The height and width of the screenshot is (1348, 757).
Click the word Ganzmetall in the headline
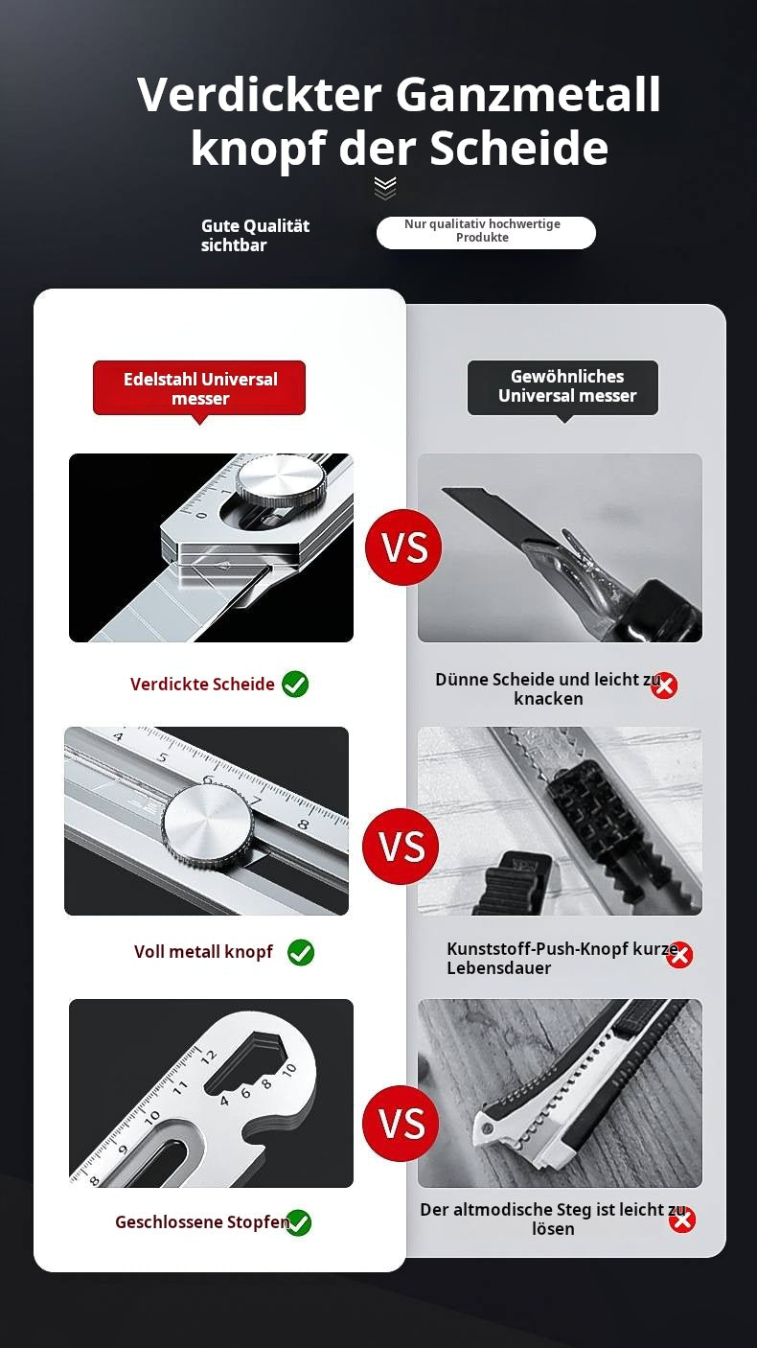pos(528,95)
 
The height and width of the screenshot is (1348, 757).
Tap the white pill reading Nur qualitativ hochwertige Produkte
pos(486,232)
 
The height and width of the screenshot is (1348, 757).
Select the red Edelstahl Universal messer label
pos(199,388)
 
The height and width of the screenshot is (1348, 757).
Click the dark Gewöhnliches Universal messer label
pos(562,387)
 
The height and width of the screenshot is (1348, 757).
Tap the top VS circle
pos(403,546)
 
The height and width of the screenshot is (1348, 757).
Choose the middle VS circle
pos(401,846)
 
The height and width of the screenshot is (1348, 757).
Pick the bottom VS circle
pos(401,1123)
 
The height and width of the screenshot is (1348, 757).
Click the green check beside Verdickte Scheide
pos(295,685)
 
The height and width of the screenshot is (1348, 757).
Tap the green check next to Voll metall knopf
pos(301,952)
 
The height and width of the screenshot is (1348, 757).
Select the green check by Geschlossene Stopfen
pos(298,1222)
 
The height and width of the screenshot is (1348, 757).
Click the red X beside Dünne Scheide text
pos(664,686)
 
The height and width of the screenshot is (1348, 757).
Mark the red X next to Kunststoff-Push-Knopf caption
pos(679,954)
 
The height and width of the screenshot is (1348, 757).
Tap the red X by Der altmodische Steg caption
pos(682,1220)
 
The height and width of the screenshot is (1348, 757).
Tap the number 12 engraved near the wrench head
pos(208,1057)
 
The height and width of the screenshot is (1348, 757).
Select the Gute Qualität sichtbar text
pos(255,235)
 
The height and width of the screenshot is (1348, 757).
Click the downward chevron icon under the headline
pos(385,188)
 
